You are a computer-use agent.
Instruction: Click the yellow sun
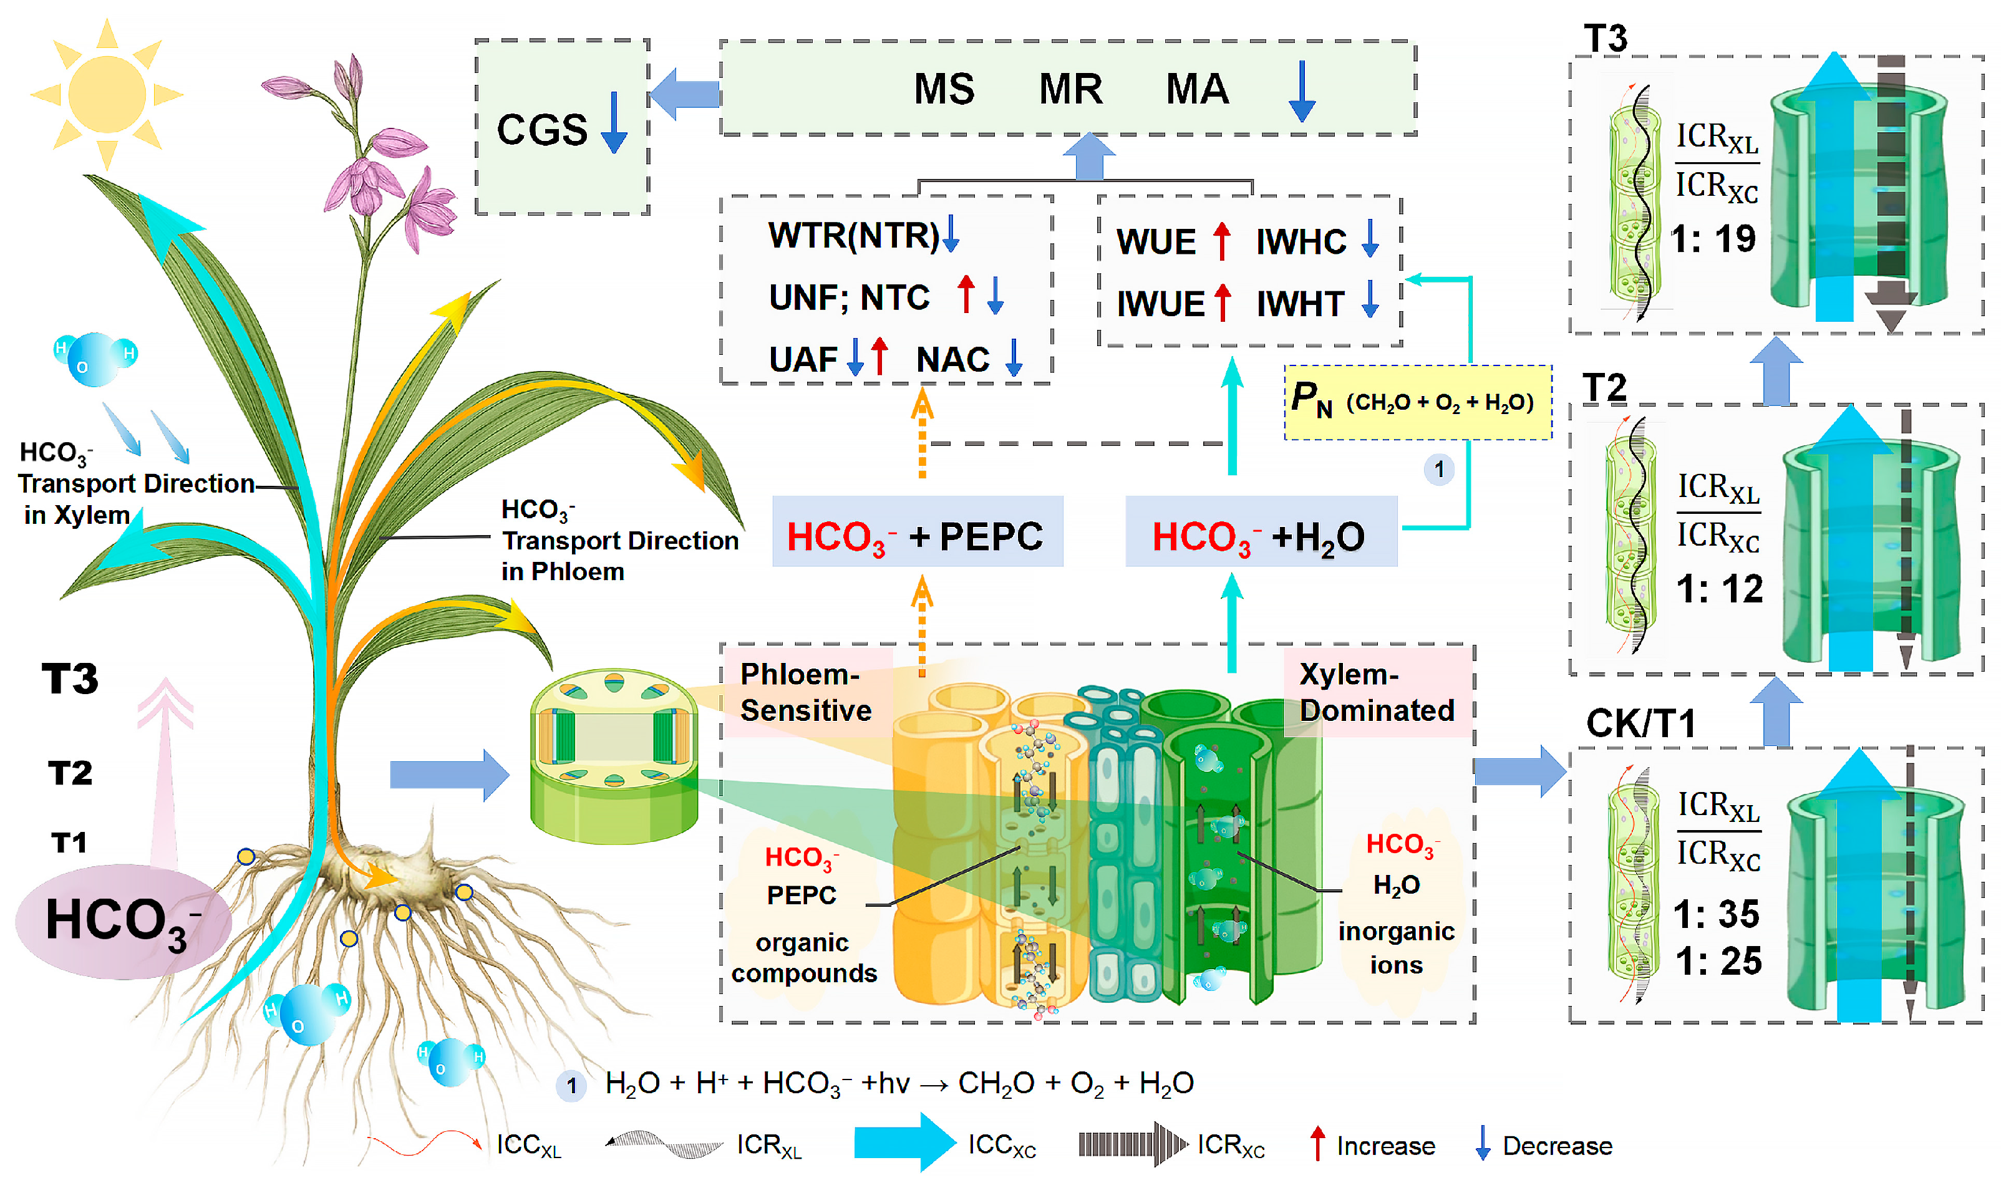[107, 94]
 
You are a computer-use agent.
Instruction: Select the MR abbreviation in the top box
[1070, 89]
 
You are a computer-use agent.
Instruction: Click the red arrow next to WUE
[1222, 241]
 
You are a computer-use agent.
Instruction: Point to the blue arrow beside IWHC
[1370, 239]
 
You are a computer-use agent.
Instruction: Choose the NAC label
[952, 359]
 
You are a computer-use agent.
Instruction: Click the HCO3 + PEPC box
[917, 531]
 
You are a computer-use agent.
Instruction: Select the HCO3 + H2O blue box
[1261, 531]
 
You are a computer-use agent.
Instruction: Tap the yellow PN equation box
[1417, 402]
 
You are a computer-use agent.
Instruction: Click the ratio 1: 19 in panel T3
[1713, 238]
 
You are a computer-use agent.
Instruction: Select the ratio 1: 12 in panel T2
[1719, 589]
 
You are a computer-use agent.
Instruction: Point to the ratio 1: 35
[1716, 914]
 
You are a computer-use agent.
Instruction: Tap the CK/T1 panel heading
[1640, 723]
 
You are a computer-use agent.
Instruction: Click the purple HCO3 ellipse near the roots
[124, 922]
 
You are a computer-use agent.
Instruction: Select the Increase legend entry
[1372, 1145]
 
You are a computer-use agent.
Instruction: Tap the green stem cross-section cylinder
[613, 756]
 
